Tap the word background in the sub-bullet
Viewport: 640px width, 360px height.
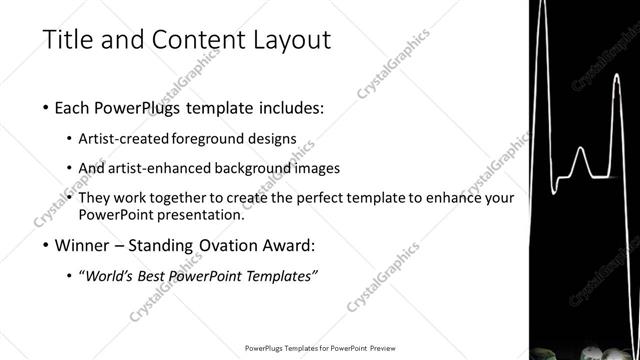(x=258, y=168)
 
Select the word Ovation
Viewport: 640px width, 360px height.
(x=238, y=245)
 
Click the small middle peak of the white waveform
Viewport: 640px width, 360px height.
(x=580, y=153)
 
